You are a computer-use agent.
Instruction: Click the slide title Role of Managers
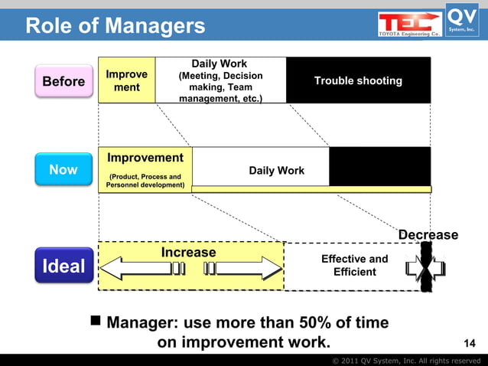click(115, 26)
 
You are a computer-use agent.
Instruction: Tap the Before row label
click(63, 81)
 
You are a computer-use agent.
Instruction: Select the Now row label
click(63, 169)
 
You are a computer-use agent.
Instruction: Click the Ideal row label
click(63, 266)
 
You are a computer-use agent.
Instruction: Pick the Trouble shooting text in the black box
click(358, 81)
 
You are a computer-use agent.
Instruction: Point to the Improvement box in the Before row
click(127, 81)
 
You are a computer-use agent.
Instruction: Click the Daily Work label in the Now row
click(276, 171)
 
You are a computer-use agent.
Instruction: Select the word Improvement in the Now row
click(145, 158)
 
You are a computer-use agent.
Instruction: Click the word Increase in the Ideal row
click(188, 252)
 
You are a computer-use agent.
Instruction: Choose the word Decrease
click(428, 235)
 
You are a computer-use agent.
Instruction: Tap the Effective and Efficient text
click(354, 265)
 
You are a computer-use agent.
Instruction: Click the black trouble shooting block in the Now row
click(379, 165)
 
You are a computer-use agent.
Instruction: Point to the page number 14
click(470, 342)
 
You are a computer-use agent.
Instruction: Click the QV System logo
click(463, 20)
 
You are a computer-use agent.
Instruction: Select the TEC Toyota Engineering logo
click(409, 23)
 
